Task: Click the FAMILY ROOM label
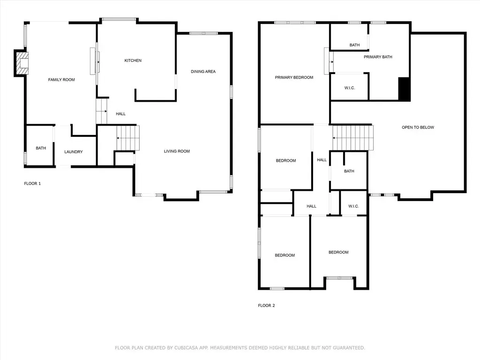61,80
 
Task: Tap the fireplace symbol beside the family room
22,63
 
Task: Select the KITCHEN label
133,60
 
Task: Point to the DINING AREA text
203,72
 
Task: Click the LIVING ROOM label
177,151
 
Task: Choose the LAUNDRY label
74,152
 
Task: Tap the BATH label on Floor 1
41,148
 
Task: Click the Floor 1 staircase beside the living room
127,138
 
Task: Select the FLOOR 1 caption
32,183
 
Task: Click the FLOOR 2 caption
266,306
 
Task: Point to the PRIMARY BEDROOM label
294,77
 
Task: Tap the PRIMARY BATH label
378,57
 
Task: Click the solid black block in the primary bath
404,89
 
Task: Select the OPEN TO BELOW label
418,127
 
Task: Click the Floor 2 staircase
352,138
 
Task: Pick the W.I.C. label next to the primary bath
350,88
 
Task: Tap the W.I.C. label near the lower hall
353,206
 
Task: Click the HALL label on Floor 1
120,114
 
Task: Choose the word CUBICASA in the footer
187,348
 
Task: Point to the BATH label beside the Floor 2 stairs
349,171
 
